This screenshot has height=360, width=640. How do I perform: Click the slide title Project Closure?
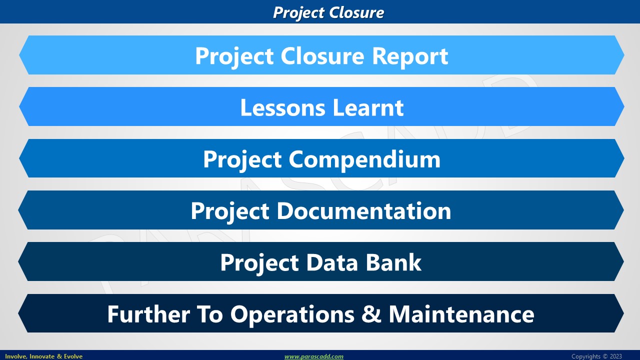pos(328,13)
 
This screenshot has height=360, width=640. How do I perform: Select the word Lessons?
pos(282,107)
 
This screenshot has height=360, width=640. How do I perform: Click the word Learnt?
pos(368,107)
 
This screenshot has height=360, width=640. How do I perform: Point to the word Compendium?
pos(364,160)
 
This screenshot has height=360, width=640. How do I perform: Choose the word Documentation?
pos(363,211)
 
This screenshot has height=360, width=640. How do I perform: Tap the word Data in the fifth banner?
pos(332,262)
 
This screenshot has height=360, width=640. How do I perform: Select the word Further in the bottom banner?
pos(148,314)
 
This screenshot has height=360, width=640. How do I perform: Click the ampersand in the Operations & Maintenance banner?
pos(371,314)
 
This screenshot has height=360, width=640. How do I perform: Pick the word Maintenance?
pos(461,314)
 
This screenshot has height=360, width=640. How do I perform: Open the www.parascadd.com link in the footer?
pos(313,356)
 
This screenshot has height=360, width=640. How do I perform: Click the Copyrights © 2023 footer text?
pos(596,356)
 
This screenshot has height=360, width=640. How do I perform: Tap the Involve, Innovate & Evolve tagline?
pos(43,356)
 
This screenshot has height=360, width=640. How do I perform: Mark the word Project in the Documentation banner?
pos(230,212)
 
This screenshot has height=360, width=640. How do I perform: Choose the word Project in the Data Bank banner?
pos(259,263)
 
